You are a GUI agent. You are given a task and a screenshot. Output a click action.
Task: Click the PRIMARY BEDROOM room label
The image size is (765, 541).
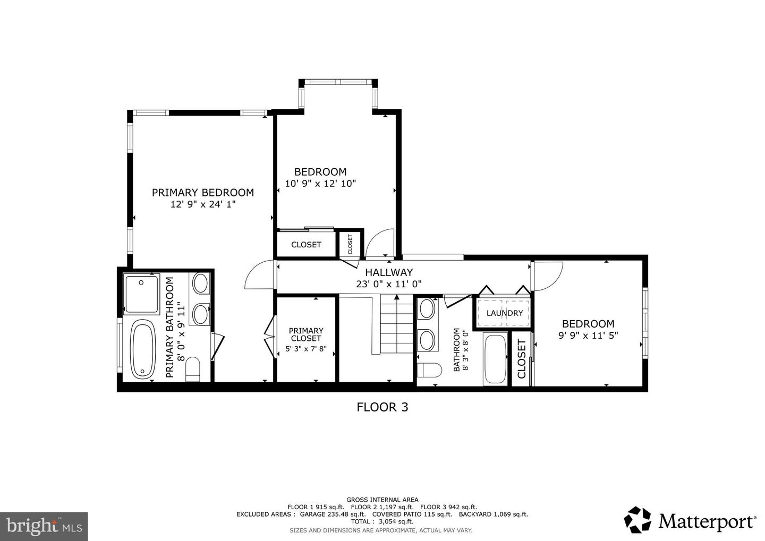tap(202, 193)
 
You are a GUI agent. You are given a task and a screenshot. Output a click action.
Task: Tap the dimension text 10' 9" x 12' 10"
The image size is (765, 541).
tap(320, 184)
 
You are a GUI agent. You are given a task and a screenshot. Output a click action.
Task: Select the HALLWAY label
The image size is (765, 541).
tap(388, 272)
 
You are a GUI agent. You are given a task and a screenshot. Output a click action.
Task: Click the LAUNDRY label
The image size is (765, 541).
tap(504, 313)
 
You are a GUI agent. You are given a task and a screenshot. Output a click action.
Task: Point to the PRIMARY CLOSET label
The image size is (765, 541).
tap(306, 334)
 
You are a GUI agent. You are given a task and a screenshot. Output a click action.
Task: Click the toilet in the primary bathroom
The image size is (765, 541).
tap(192, 368)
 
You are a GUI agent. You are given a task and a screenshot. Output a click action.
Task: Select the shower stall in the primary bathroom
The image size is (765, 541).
tap(141, 294)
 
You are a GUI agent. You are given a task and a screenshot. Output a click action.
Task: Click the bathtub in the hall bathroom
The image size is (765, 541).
tap(496, 359)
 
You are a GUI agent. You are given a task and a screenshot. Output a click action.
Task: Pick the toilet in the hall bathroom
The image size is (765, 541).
tap(428, 370)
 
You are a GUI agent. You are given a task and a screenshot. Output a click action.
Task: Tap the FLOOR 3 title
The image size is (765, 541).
tap(382, 407)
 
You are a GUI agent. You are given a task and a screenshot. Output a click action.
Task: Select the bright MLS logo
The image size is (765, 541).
tap(44, 526)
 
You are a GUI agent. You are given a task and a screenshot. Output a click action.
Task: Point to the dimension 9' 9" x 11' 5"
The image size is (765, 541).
tap(588, 336)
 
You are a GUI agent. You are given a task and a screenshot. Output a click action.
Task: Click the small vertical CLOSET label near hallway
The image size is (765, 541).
tap(350, 245)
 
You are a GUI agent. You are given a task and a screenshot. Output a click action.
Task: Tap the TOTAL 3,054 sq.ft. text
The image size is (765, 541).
tap(382, 521)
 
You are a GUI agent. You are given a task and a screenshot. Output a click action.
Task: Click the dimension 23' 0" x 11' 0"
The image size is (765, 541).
tap(388, 284)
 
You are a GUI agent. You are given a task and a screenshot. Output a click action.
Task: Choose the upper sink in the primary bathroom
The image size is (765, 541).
tap(201, 283)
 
